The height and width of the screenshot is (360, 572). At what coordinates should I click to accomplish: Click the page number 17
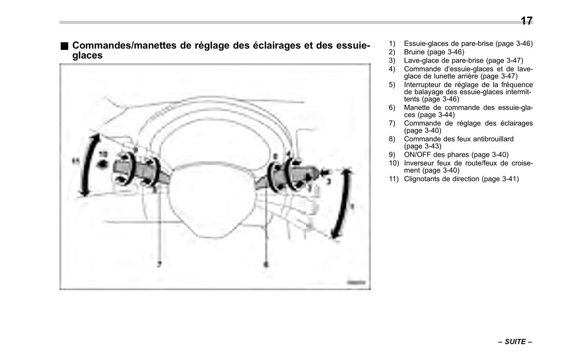(526, 21)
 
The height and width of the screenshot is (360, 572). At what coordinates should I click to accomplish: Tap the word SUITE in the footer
(515, 342)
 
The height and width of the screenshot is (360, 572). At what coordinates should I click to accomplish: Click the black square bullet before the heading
(64, 46)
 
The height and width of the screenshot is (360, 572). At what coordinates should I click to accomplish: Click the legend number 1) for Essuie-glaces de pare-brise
(391, 44)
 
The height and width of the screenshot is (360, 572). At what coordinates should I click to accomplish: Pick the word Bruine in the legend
(414, 52)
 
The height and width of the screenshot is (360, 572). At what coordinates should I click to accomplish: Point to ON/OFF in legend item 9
(417, 155)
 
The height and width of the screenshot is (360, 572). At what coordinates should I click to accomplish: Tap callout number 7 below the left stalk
(160, 264)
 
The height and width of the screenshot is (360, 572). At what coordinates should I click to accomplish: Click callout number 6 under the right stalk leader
(266, 264)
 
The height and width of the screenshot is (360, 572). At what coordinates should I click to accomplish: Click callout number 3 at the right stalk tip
(329, 180)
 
